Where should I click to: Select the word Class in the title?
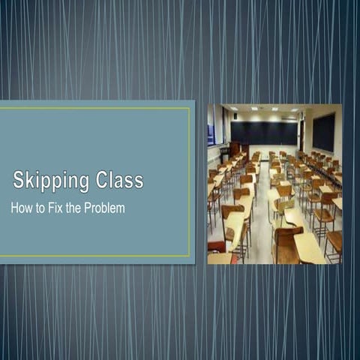click(119, 180)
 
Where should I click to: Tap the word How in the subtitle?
click(22, 208)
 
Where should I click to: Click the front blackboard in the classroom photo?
click(263, 133)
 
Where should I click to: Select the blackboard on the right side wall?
click(323, 132)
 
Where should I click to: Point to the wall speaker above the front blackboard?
click(235, 116)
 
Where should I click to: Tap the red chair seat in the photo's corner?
click(216, 246)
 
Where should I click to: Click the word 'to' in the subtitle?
click(42, 208)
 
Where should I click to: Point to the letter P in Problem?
click(89, 208)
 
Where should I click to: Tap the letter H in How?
click(15, 208)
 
